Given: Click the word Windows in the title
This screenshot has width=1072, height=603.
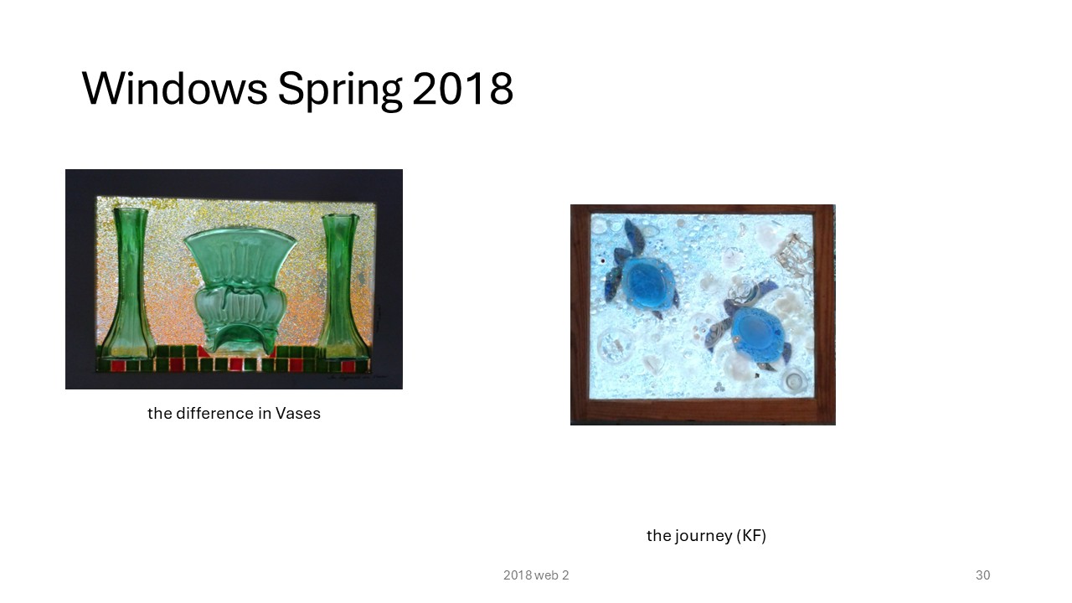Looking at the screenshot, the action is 175,88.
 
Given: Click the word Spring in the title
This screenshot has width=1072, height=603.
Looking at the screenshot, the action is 340,91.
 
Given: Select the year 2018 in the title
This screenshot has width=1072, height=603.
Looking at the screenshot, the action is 462,88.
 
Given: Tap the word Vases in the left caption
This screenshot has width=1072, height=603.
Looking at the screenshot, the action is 297,413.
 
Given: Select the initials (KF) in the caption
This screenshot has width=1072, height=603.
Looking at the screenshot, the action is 751,535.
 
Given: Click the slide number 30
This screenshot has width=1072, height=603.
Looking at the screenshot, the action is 983,575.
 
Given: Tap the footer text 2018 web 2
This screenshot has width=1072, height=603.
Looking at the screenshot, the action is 536,575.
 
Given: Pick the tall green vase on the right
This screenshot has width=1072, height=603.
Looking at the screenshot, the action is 340,286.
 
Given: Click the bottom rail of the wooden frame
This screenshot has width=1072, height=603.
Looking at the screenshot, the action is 703,411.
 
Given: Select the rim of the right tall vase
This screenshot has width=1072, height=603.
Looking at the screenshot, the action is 340,217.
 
